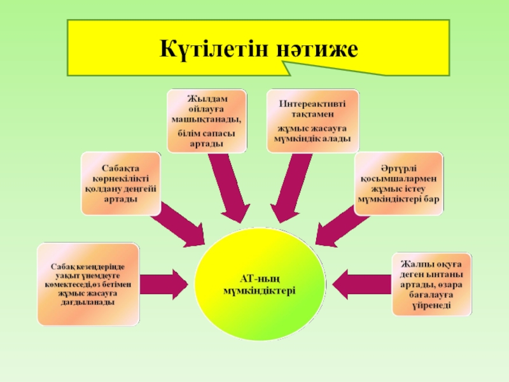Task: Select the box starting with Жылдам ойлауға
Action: [207, 120]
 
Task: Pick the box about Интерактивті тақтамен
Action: [312, 120]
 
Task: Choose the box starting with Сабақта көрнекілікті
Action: [120, 183]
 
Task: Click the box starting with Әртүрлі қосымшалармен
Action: [398, 183]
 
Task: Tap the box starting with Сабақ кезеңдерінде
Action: [88, 284]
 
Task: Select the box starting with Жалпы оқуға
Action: [432, 284]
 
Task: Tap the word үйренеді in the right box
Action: [432, 305]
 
